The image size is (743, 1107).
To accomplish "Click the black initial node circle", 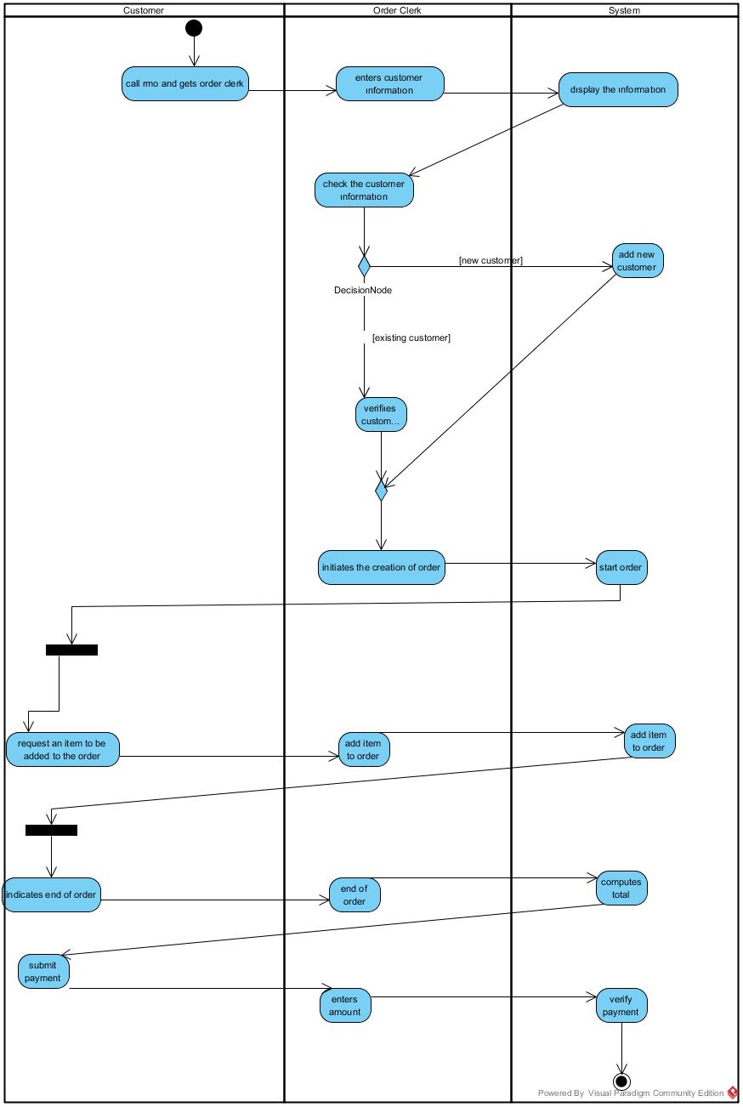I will click(x=194, y=28).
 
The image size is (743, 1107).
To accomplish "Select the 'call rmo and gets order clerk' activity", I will click(x=185, y=84).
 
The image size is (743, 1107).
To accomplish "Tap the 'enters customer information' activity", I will click(x=389, y=84).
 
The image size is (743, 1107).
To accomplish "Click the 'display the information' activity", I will click(x=618, y=89).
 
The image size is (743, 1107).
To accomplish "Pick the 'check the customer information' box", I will click(x=364, y=190).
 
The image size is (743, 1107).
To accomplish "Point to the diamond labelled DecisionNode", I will click(x=364, y=266).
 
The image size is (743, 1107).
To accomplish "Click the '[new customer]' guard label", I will click(x=491, y=260).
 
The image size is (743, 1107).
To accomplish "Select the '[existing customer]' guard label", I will click(x=411, y=338).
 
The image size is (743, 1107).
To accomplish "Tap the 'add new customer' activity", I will click(x=637, y=261).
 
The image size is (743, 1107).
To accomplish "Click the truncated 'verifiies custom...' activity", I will click(x=381, y=415).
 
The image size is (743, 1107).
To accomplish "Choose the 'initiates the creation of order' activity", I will click(x=382, y=567).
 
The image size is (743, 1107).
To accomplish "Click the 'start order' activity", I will click(x=621, y=567).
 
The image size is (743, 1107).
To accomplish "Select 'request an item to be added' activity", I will click(x=63, y=749).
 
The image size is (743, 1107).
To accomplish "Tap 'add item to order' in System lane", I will click(x=650, y=741).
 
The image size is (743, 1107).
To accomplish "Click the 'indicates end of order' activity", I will click(x=51, y=895).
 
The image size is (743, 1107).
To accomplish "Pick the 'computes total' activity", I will click(x=621, y=888).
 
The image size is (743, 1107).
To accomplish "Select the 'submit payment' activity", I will click(x=43, y=972).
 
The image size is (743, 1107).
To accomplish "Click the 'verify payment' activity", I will click(x=621, y=1006).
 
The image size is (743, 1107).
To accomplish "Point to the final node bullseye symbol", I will click(x=621, y=1081).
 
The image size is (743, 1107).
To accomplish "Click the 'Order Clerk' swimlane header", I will click(x=397, y=10).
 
